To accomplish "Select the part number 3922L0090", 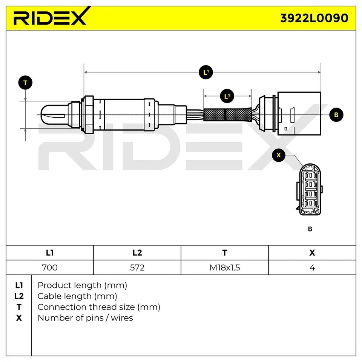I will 314,18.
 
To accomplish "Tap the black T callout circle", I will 25,83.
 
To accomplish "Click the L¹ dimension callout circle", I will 206,72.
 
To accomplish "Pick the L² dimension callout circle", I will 227,96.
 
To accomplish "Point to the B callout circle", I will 336,115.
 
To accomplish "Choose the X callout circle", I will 279,155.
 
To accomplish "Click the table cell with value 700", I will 49,267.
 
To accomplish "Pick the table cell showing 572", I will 137,267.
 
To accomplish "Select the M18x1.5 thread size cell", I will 224,267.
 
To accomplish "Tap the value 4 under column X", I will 312,267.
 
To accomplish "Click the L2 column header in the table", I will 137,253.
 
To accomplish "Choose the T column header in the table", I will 224,253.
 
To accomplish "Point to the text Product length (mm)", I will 82,285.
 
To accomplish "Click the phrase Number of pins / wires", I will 85,318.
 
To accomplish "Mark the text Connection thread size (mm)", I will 99,307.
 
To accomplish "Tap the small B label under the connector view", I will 310,229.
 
